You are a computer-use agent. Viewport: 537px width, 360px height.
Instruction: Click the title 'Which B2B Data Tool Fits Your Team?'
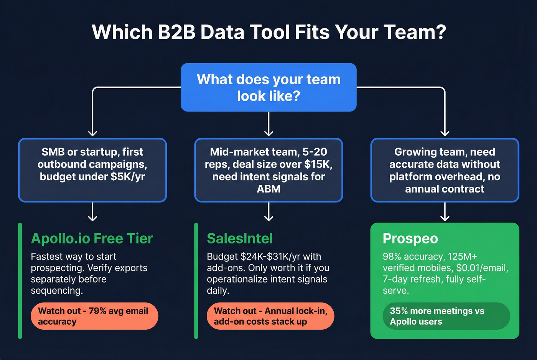pyautogui.click(x=268, y=32)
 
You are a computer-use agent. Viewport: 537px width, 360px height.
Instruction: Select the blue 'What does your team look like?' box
pyautogui.click(x=268, y=87)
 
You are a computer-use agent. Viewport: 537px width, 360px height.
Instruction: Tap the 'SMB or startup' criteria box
pyautogui.click(x=92, y=170)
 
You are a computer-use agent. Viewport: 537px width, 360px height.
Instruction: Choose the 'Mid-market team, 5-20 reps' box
pyautogui.click(x=268, y=170)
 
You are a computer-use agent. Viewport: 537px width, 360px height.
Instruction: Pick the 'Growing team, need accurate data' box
pyautogui.click(x=445, y=170)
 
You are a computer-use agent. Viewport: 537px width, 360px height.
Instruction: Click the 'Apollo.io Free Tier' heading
pyautogui.click(x=92, y=238)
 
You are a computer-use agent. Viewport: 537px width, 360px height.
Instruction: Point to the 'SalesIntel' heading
pyautogui.click(x=240, y=238)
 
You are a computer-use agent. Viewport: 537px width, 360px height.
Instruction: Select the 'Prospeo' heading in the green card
pyautogui.click(x=410, y=238)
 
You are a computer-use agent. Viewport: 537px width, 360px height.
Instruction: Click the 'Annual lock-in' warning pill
pyautogui.click(x=270, y=316)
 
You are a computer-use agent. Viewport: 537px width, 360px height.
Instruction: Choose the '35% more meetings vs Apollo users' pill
pyautogui.click(x=446, y=316)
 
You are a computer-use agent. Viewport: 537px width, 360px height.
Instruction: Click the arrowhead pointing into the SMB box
pyautogui.click(x=92, y=133)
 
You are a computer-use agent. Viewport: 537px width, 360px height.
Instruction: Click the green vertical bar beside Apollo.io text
pyautogui.click(x=20, y=281)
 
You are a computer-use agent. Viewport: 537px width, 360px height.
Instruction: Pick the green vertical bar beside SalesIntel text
pyautogui.click(x=196, y=281)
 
